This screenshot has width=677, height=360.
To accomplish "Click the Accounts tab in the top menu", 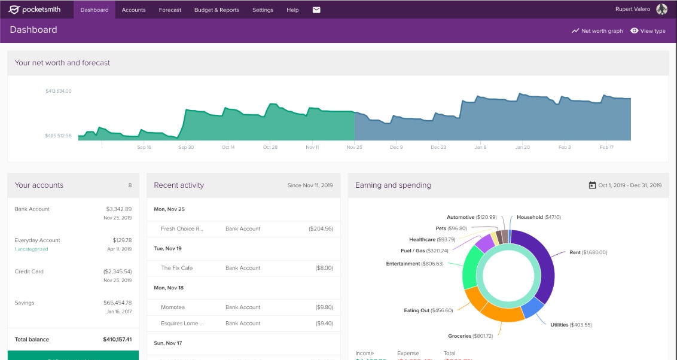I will tap(133, 10).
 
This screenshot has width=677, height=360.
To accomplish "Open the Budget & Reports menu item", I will tap(216, 10).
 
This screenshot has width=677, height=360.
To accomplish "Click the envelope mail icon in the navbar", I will tap(316, 10).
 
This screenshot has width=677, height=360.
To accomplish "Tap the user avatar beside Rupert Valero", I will tap(661, 10).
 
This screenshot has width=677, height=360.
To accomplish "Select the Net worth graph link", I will tap(597, 31).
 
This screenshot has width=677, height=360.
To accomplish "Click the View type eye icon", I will tap(634, 31).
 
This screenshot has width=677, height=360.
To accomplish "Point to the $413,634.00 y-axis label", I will tap(58, 91).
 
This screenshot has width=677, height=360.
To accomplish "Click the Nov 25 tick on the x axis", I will tap(354, 147).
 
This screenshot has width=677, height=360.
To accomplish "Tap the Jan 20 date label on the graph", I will tap(523, 147).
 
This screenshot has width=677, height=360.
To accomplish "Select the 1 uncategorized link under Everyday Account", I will tap(31, 249).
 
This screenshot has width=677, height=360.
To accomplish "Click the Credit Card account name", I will tap(29, 271).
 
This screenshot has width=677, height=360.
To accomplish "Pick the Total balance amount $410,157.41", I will tap(117, 340).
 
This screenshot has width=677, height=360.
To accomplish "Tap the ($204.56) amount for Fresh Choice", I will tap(321, 228).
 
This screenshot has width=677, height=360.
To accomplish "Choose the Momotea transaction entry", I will tap(173, 307).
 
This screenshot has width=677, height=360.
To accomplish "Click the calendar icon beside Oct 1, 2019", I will tap(592, 185).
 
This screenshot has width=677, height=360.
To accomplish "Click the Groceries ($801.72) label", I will tap(470, 336).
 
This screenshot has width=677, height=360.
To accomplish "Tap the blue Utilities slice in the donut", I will tap(532, 308).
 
